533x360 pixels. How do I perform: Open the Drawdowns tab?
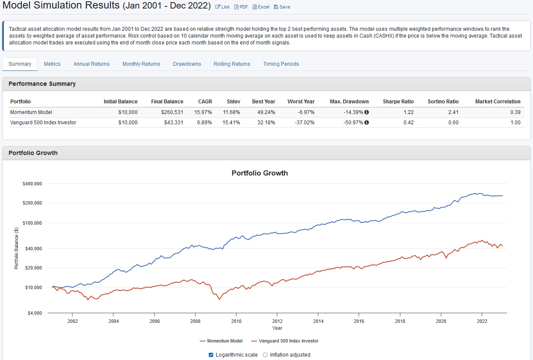click(187, 64)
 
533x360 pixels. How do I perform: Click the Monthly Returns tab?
click(141, 64)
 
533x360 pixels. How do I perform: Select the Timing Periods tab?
click(281, 64)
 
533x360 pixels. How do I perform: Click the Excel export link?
click(261, 7)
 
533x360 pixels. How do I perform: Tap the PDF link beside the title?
click(241, 7)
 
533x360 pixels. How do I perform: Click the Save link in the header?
click(282, 7)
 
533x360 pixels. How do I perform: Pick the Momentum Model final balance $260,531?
click(172, 112)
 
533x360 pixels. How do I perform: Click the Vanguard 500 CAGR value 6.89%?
click(205, 123)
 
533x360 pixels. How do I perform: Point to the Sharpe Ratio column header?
click(398, 102)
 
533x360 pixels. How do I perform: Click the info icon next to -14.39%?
click(366, 112)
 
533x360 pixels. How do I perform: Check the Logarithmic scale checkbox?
click(211, 355)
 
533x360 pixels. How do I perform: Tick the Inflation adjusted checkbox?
click(265, 355)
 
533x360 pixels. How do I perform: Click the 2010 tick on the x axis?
click(236, 321)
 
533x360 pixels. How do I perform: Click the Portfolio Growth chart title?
click(259, 173)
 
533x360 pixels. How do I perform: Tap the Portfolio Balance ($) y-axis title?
click(17, 248)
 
